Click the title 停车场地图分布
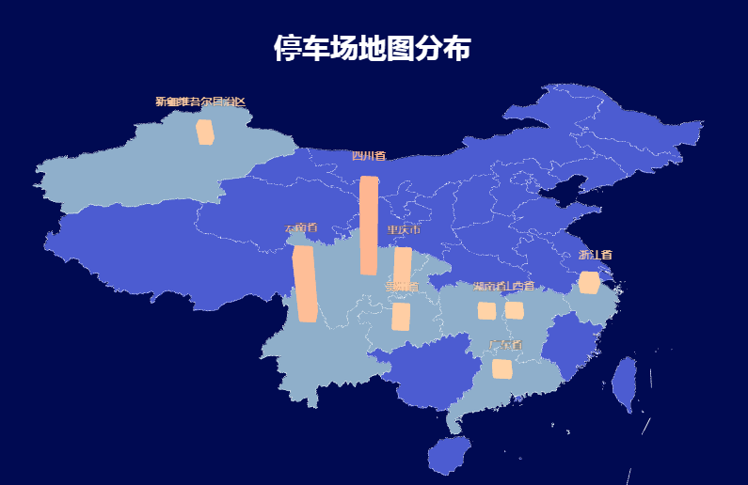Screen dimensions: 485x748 click(373, 49)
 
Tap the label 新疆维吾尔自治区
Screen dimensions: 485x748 click(200, 102)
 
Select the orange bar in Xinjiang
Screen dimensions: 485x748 click(204, 133)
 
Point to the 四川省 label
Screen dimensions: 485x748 click(369, 156)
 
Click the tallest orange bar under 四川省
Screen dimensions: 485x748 click(369, 226)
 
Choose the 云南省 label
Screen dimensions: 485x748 click(302, 228)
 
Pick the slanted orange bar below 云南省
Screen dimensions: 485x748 click(305, 284)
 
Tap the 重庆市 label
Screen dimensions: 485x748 click(403, 230)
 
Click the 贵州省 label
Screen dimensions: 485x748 click(401, 286)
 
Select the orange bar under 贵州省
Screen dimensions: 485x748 click(401, 317)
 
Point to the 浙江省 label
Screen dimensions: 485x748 click(596, 255)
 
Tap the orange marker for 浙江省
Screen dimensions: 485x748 click(590, 283)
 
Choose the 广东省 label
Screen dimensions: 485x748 click(504, 345)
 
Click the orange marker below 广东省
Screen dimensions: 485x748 click(502, 368)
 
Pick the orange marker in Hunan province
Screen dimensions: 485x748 click(486, 311)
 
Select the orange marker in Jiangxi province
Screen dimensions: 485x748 click(515, 311)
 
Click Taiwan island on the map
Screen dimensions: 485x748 click(624, 384)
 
